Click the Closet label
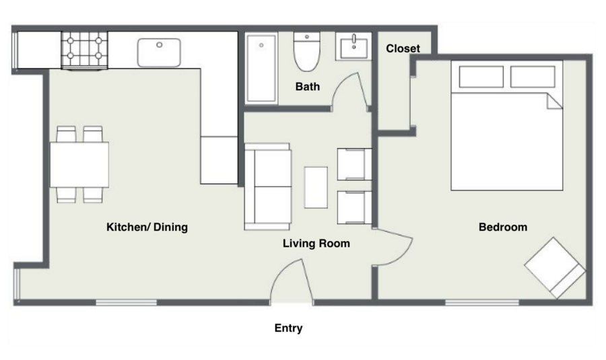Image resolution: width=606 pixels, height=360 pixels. pos(403,48)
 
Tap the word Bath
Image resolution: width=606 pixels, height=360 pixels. pos(308,87)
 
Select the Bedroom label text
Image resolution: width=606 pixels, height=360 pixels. pos(503,227)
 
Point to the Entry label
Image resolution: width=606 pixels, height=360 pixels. pos(288,328)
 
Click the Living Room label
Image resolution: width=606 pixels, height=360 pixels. pos(316,244)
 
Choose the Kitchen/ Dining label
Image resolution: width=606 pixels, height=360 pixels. pos(147,227)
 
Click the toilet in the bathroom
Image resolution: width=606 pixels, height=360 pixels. pos(307,52)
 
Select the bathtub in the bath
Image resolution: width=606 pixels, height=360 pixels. pos(261,69)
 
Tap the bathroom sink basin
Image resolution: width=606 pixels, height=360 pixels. pos(353,46)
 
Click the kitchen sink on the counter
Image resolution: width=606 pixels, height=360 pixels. pos(159,52)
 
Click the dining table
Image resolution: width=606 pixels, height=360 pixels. pos(79,165)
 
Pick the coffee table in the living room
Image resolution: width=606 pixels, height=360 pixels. pos(316,187)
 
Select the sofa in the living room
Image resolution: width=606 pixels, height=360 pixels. pos(267,186)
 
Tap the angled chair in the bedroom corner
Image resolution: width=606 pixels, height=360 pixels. pos(555,268)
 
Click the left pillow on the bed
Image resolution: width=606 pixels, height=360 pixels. pos(481,77)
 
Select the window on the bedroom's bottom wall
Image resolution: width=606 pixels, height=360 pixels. pos(482,302)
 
